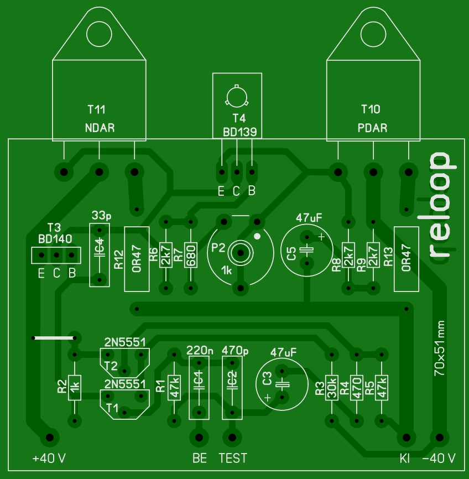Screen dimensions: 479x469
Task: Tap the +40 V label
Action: coord(49,459)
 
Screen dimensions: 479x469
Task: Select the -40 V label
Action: coord(439,459)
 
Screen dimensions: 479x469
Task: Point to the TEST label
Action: coord(233,458)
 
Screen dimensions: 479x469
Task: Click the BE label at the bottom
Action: coord(200,458)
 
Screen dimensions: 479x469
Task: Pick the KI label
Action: coord(405,459)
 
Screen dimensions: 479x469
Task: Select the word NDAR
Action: coord(100,128)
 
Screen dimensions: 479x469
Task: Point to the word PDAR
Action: coord(372,128)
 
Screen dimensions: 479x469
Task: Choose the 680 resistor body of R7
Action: coord(191,255)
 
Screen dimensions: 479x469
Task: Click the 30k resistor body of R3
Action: coord(331,388)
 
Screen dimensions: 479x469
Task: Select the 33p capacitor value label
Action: coord(101,215)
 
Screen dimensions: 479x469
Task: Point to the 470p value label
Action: coord(234,350)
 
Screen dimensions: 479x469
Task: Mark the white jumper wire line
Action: coord(54,337)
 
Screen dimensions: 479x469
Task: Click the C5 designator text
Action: coord(291,254)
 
